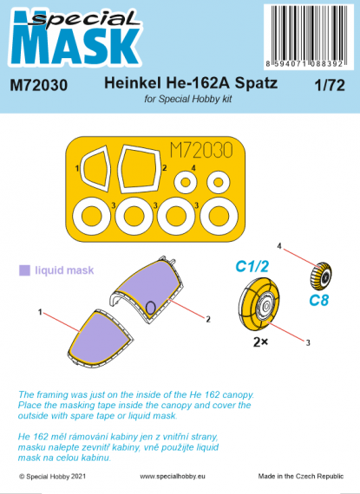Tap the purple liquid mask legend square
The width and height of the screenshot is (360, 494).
click(25, 270)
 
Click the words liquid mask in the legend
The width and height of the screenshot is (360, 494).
click(60, 270)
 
